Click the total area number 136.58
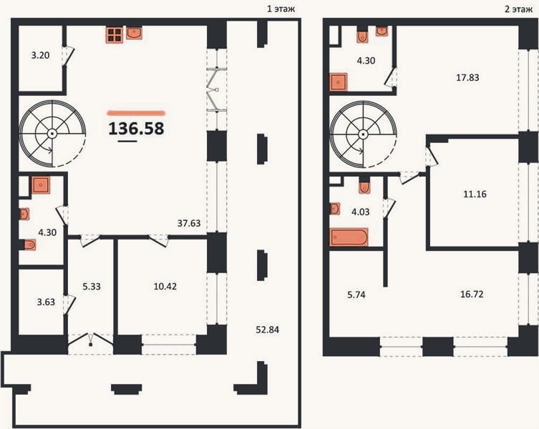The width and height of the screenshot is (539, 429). tap(137, 129)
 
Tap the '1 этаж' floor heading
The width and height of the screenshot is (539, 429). tap(281, 9)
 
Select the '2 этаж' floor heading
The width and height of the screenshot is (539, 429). tap(518, 9)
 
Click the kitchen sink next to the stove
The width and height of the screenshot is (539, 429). tap(134, 34)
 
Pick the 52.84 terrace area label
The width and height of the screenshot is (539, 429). tap(268, 330)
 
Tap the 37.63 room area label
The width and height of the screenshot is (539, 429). tap(189, 223)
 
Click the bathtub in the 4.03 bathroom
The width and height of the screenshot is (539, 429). tap(349, 237)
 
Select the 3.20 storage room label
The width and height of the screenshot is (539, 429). tap(41, 55)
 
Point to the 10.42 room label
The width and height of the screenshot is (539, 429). tap(165, 286)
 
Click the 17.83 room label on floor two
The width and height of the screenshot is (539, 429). tap(467, 77)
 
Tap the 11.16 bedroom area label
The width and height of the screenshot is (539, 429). tap(475, 194)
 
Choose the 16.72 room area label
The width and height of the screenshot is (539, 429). tap(472, 295)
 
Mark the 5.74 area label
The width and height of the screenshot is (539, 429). tap(356, 295)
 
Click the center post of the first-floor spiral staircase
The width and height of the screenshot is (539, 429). tap(52, 134)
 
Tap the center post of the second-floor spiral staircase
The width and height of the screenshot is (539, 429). tap(363, 134)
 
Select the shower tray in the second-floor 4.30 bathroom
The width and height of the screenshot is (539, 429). tap(339, 82)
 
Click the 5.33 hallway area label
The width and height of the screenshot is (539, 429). tap(92, 286)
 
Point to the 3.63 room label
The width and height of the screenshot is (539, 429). tap(46, 302)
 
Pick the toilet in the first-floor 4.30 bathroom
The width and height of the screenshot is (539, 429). tap(30, 245)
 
